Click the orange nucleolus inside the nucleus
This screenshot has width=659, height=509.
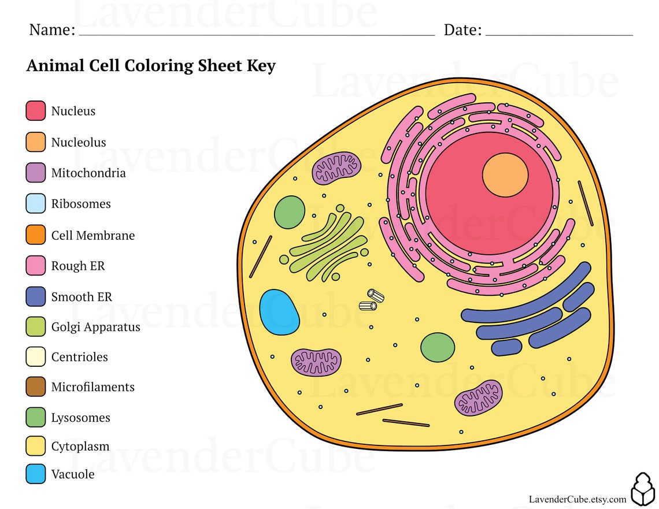coord(505,176)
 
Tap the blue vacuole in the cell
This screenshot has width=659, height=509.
coord(279,313)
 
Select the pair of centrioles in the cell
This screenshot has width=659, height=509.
coord(371,300)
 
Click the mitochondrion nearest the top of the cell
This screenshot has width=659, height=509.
coord(336,169)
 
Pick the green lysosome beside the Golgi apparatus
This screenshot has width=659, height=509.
coord(290,212)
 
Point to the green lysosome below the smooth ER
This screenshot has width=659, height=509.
coord(438,347)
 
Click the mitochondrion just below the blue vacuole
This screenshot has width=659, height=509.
coord(316,362)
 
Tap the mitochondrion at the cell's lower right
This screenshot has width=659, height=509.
coord(478,397)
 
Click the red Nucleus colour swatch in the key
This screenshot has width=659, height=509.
coord(36,111)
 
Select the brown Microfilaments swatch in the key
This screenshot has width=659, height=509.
coord(36,387)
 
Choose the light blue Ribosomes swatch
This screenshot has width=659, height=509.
coord(36,204)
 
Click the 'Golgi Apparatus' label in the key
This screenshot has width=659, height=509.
coord(95,327)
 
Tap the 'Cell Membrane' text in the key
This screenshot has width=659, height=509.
coord(92,236)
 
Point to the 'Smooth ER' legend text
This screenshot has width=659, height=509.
coord(82,297)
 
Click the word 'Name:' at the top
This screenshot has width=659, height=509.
coord(52,29)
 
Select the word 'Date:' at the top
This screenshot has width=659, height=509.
coord(462,29)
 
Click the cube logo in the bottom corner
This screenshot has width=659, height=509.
coord(642,489)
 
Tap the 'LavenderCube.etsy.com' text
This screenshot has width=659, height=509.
coord(577,499)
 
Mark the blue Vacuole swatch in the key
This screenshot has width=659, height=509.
coord(36,474)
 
